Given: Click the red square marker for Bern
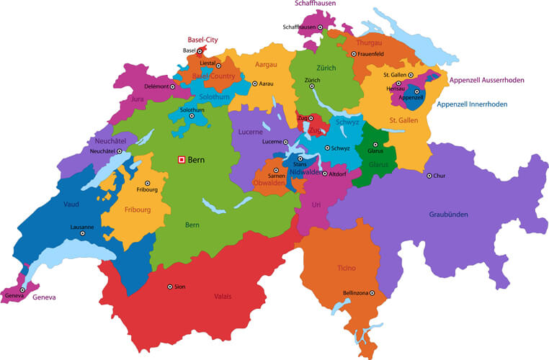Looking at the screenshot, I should click(182, 160).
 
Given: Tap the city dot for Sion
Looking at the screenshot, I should click(170, 287).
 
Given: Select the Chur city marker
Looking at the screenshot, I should click(429, 176).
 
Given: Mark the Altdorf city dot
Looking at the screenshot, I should click(325, 174).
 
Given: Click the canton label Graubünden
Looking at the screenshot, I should click(449, 214).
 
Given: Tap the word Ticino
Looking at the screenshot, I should click(346, 268).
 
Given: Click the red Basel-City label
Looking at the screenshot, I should click(202, 40).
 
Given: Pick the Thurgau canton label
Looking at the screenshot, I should click(369, 43).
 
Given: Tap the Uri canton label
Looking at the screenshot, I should click(316, 205).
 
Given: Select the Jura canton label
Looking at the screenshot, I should click(138, 99).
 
